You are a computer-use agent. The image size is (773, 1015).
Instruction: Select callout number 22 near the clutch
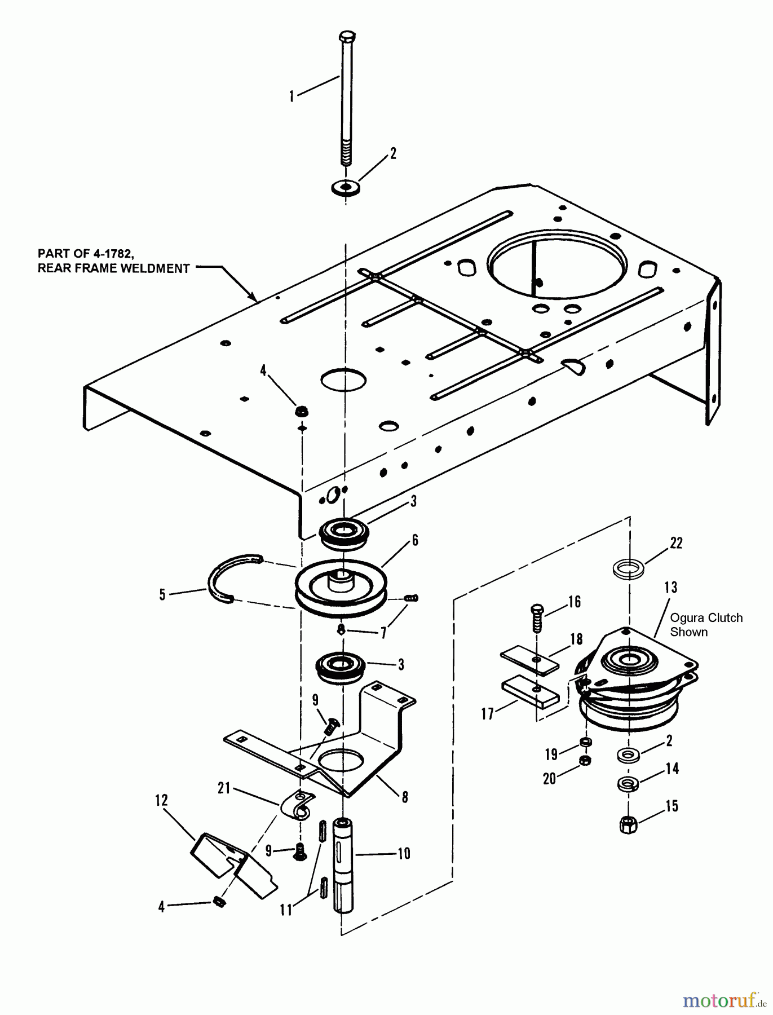676,543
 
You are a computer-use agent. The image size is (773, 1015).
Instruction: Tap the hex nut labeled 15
628,825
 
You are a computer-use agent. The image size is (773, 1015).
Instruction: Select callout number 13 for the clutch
670,588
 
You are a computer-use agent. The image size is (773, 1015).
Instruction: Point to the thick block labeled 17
530,694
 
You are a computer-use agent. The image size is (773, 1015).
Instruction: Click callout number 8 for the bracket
404,797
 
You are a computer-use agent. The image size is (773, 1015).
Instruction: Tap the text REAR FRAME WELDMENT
113,268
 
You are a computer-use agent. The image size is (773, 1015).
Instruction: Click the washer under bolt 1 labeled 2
346,186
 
